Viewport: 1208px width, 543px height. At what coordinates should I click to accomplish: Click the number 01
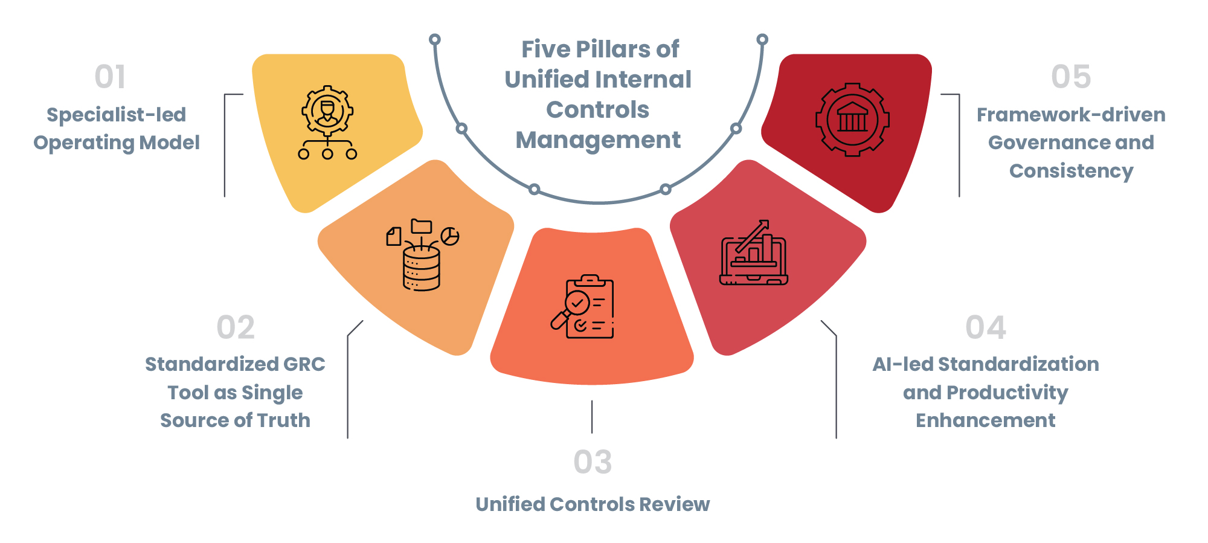pyautogui.click(x=110, y=77)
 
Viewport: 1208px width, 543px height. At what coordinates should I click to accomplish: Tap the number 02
pyautogui.click(x=236, y=327)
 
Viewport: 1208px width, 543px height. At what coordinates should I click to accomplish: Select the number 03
pyautogui.click(x=593, y=462)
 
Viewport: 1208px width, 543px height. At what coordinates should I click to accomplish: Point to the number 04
pyautogui.click(x=986, y=327)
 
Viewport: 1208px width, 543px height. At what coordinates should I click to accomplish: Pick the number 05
pyautogui.click(x=1071, y=77)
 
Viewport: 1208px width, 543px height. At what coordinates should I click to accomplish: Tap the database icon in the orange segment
pyautogui.click(x=422, y=254)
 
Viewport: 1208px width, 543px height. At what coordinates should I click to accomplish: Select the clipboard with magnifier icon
pyautogui.click(x=582, y=307)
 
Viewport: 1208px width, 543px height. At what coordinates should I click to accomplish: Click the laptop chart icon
pyautogui.click(x=754, y=252)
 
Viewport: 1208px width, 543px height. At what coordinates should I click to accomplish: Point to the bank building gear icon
pyautogui.click(x=852, y=120)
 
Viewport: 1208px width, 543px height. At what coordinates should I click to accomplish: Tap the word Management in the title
pyautogui.click(x=598, y=141)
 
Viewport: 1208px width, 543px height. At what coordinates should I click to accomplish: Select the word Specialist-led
pyautogui.click(x=117, y=115)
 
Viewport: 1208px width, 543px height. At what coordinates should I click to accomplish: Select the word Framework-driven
pyautogui.click(x=1071, y=115)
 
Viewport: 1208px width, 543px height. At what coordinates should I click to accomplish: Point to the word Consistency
pyautogui.click(x=1071, y=172)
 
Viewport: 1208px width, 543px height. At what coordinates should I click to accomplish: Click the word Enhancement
pyautogui.click(x=986, y=420)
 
